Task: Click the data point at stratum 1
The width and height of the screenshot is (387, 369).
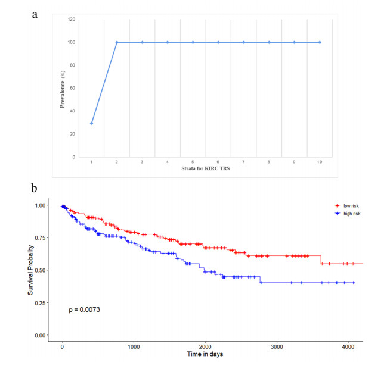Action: pos(91,123)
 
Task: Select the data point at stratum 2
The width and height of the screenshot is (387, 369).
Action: pos(117,42)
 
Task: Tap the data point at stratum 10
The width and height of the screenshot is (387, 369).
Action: pos(320,42)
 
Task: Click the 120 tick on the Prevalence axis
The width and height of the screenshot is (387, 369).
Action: pos(71,20)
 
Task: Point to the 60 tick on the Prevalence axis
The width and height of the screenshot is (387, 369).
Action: pos(72,88)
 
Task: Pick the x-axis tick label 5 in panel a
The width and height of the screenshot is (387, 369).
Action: pos(193,161)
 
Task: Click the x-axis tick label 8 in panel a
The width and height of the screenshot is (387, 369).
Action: pos(269,161)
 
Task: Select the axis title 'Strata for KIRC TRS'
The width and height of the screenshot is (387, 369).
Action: pos(205,169)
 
